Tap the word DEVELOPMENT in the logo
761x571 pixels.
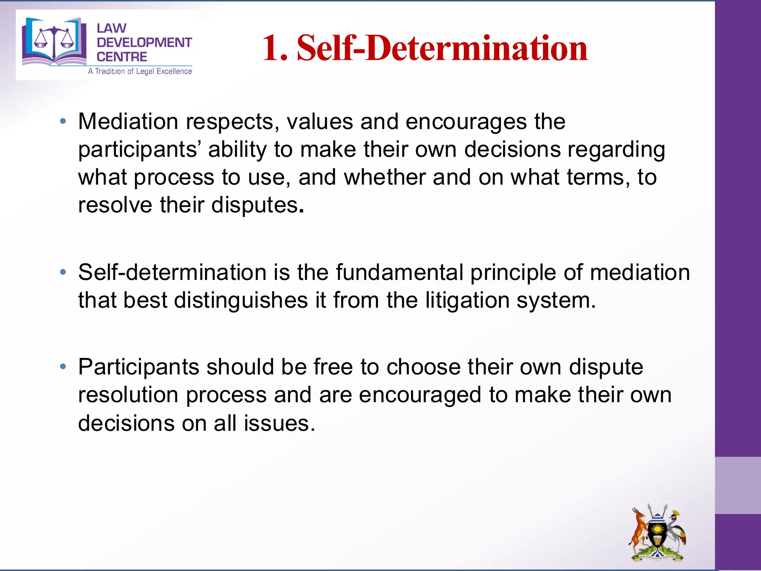144,42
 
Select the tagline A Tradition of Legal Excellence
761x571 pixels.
140,71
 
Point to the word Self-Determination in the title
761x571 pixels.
442,48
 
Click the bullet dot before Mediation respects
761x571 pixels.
63,121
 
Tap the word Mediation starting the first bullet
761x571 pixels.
128,121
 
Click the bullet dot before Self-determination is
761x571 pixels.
63,272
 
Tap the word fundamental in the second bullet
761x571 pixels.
399,272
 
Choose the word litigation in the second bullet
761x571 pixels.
467,300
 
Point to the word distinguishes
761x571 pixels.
241,300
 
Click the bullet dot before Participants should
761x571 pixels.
63,367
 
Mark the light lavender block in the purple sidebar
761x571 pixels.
738,485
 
